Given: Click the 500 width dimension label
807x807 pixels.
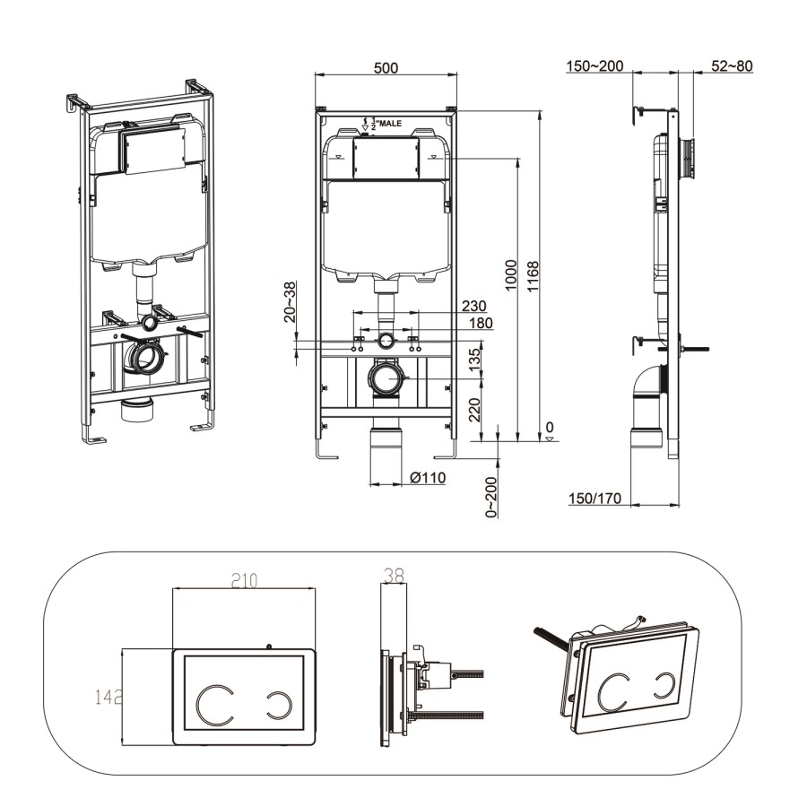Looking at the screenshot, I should tap(386, 68).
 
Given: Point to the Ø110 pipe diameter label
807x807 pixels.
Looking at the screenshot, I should tap(428, 478).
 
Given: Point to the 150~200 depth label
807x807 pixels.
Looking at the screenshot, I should tap(594, 66).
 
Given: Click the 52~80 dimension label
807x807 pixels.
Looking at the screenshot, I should tap(732, 66).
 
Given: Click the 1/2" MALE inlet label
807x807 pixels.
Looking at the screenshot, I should tap(383, 124).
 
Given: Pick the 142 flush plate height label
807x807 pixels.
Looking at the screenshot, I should tap(108, 696).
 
